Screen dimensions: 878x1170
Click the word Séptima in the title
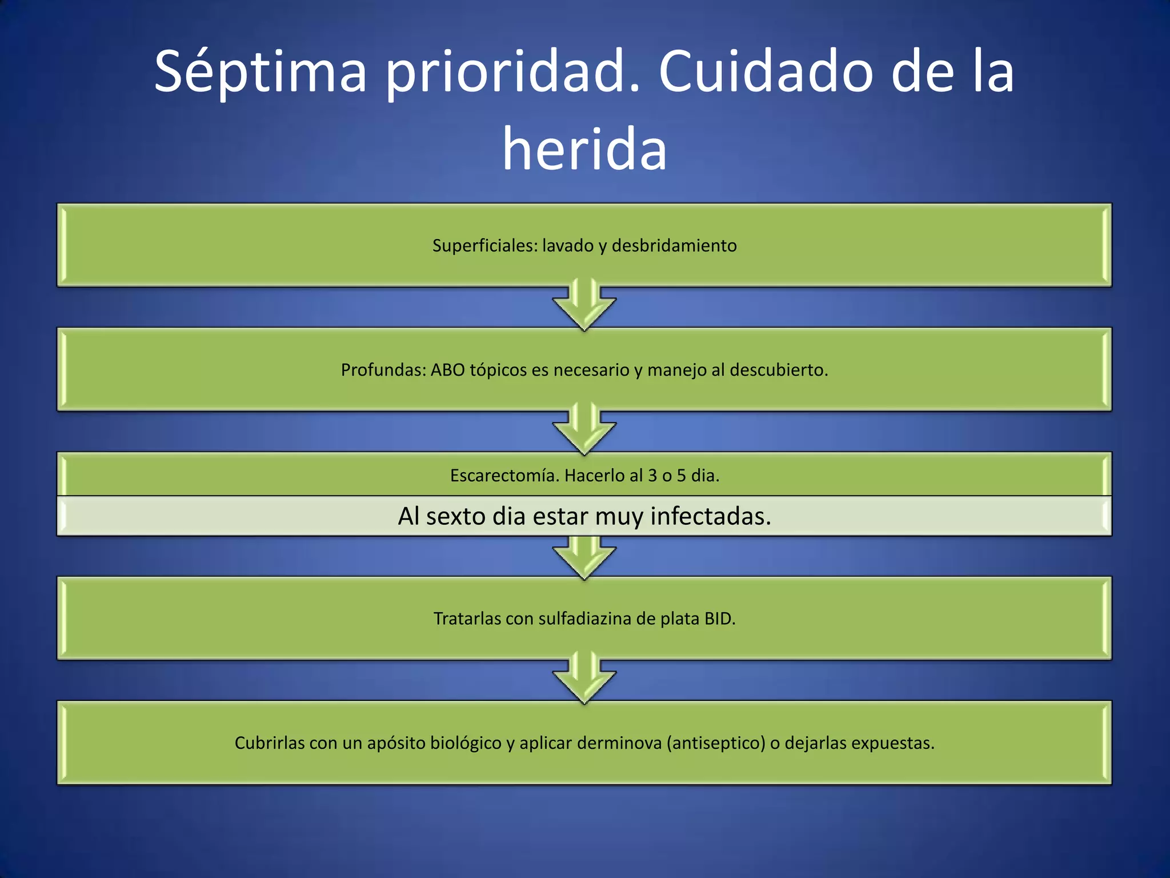[260, 73]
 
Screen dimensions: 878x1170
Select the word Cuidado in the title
[766, 73]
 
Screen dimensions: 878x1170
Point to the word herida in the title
[584, 150]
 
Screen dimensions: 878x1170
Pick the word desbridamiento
[674, 246]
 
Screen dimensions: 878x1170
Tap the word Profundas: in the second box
[383, 370]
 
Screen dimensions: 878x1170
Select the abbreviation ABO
[447, 370]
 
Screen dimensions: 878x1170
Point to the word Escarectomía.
[504, 476]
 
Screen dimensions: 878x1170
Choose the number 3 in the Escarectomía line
[652, 476]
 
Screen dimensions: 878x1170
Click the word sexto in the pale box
[456, 516]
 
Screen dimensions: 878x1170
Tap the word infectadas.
[711, 516]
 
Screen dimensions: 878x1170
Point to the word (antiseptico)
[716, 743]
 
